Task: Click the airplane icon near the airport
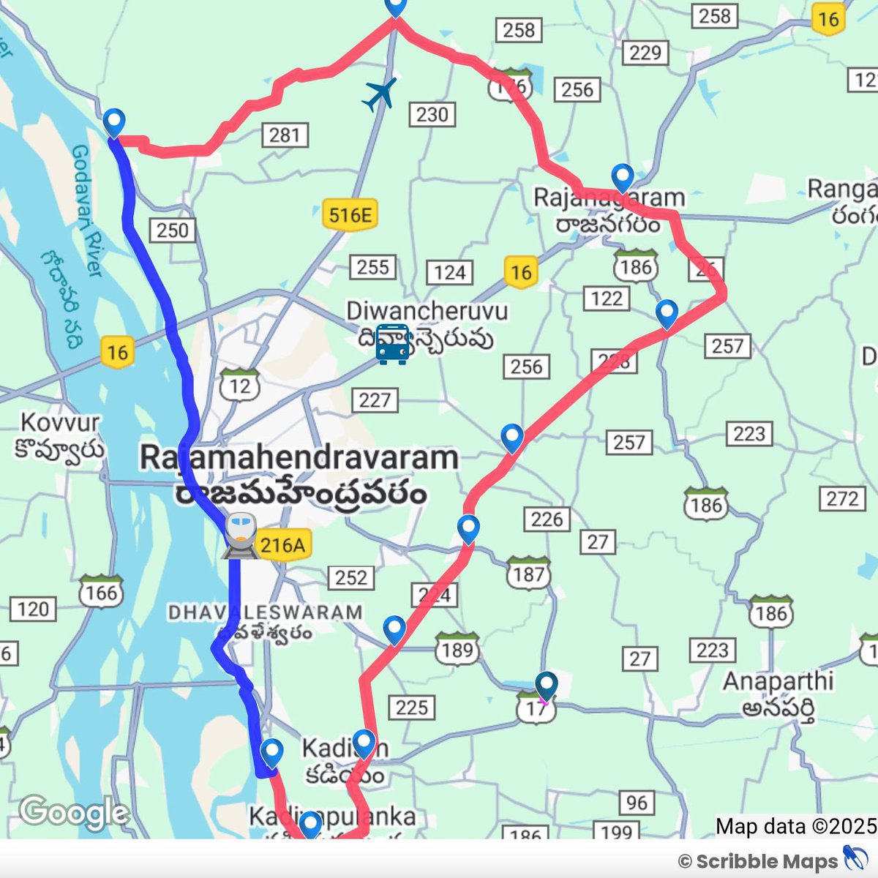tap(379, 94)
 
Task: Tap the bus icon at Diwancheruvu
tap(393, 344)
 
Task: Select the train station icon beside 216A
tap(241, 536)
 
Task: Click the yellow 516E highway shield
tap(350, 215)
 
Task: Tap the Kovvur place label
tap(60, 423)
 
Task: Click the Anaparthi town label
tap(778, 681)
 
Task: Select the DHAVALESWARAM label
tap(265, 612)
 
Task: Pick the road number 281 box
tap(284, 135)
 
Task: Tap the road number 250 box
tap(173, 230)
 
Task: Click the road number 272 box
tap(842, 499)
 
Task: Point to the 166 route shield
tap(102, 591)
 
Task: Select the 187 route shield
tap(528, 574)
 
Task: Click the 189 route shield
tap(457, 648)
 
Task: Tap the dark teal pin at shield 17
tap(546, 686)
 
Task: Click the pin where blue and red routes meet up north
tap(114, 122)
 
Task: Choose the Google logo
tap(74, 812)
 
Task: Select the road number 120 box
tap(33, 609)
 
